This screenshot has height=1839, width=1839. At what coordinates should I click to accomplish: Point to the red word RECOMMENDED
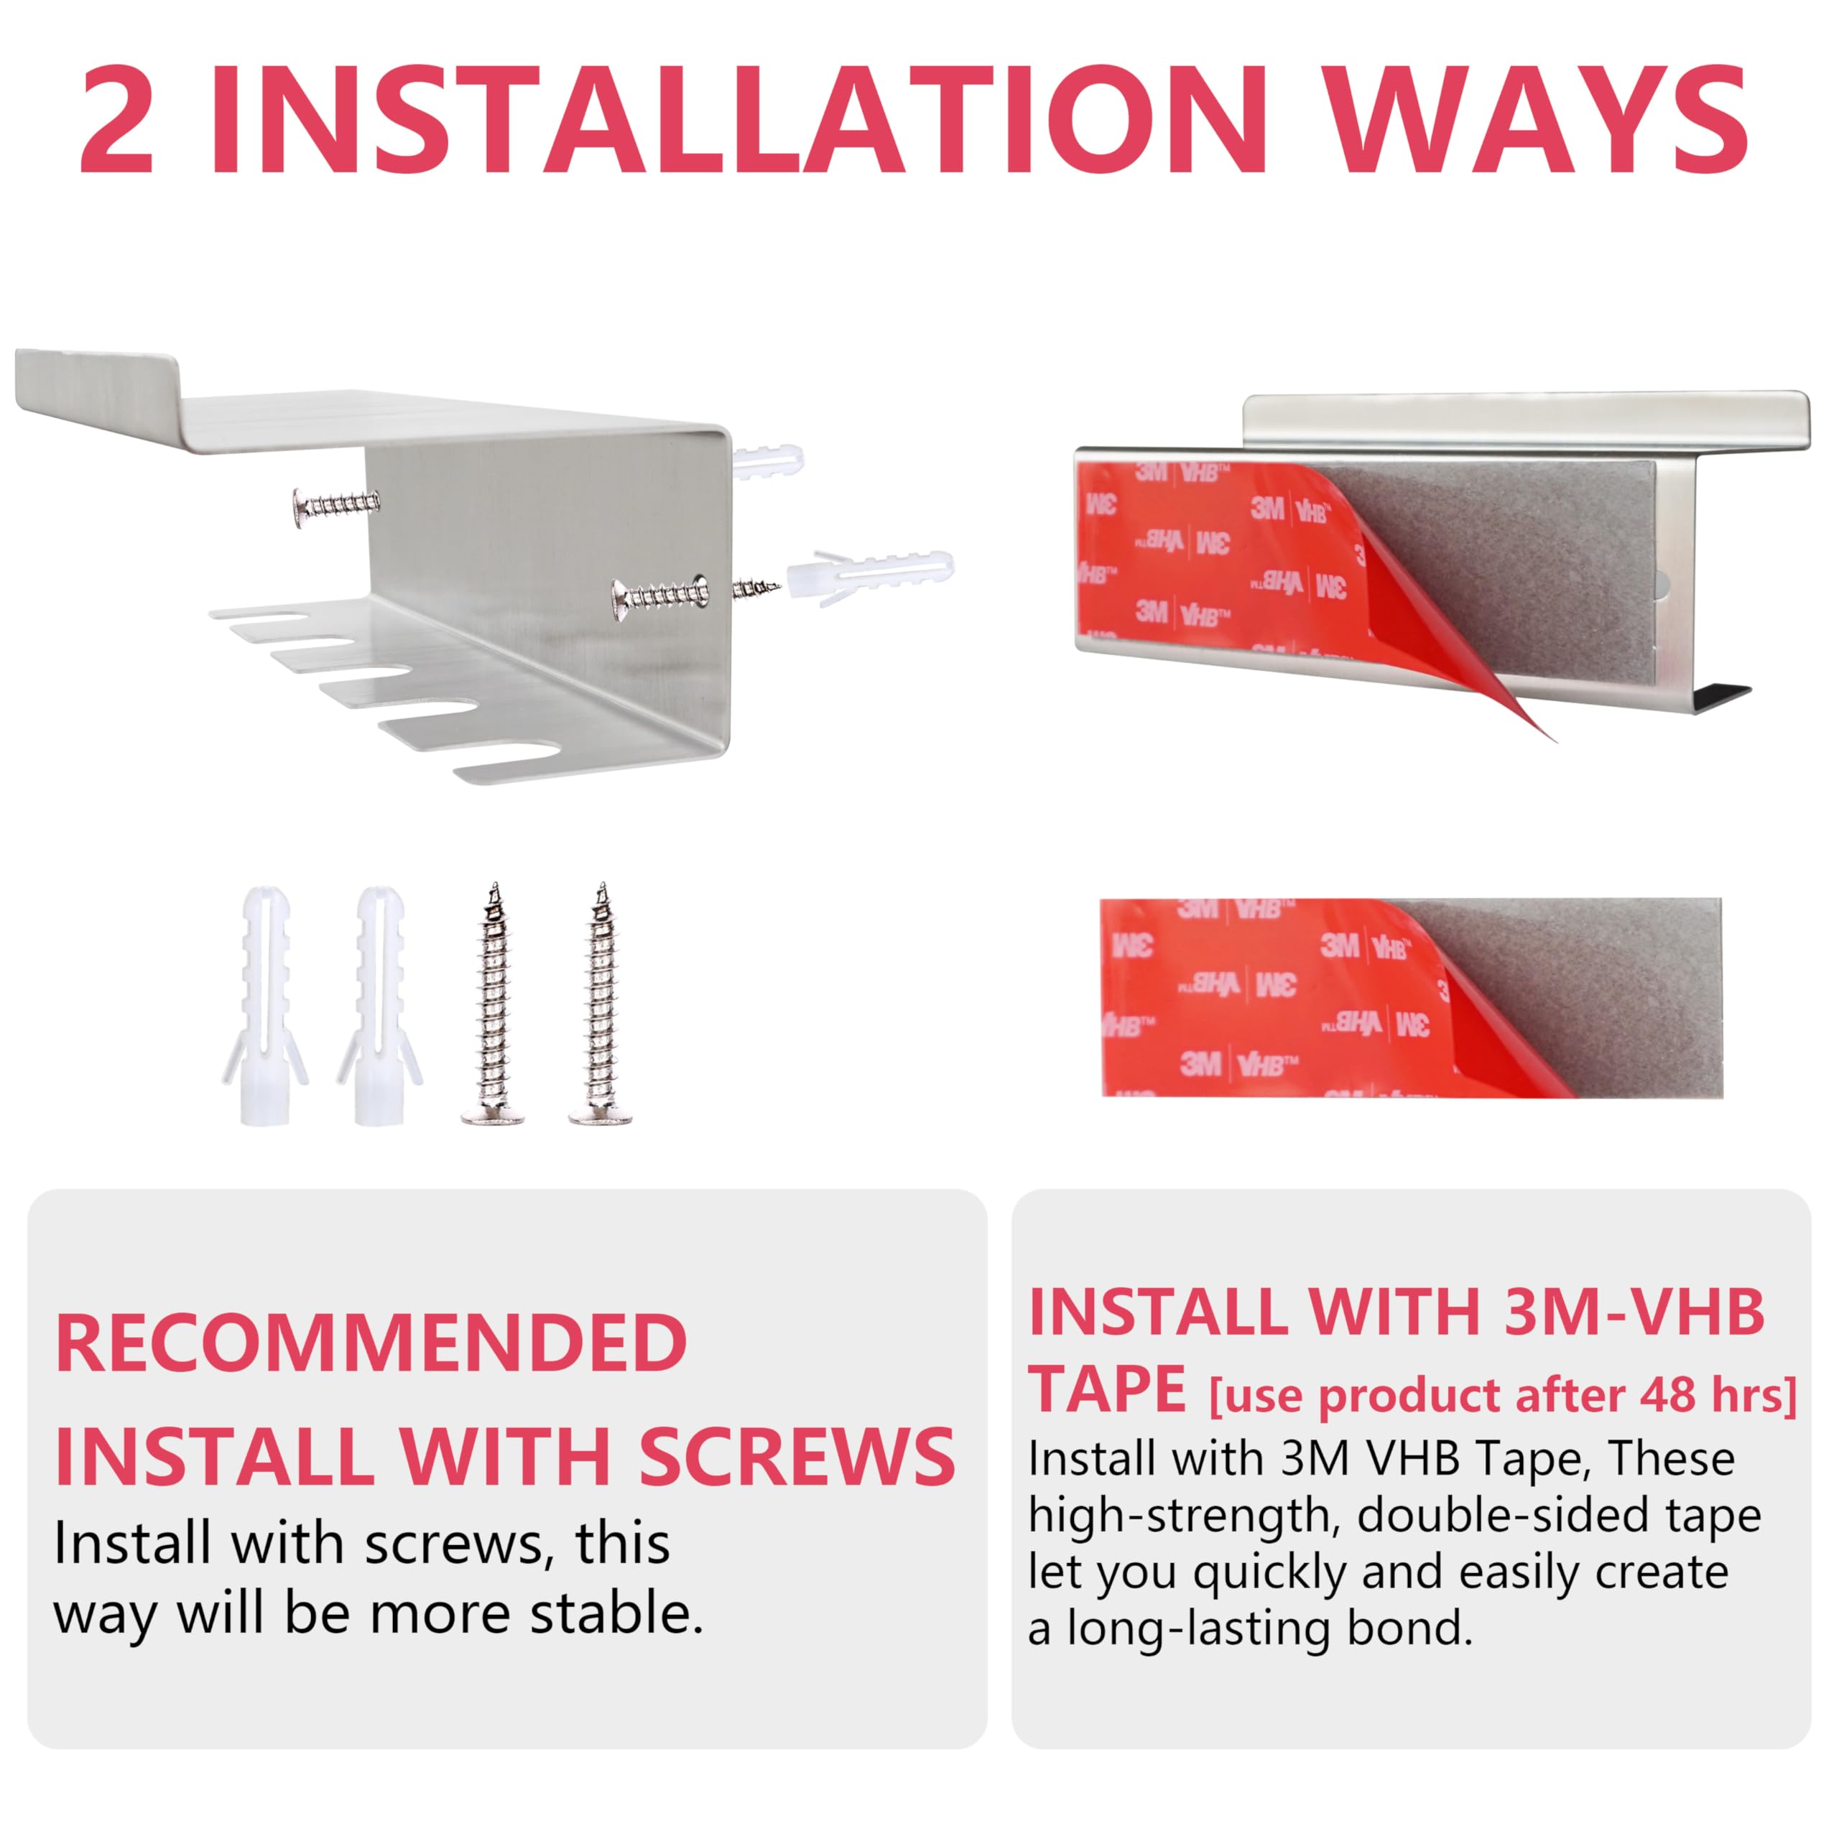[371, 1342]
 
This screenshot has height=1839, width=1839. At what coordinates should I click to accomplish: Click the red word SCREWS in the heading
[797, 1456]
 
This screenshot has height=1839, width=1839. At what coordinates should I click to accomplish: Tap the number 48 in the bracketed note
[1667, 1394]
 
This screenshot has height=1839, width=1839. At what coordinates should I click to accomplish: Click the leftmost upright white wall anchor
[266, 1005]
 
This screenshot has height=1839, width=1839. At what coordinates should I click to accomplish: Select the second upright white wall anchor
[378, 1005]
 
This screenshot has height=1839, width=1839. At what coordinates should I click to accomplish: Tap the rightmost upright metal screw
[601, 1004]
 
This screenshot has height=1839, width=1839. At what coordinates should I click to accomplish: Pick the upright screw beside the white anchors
[493, 1004]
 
